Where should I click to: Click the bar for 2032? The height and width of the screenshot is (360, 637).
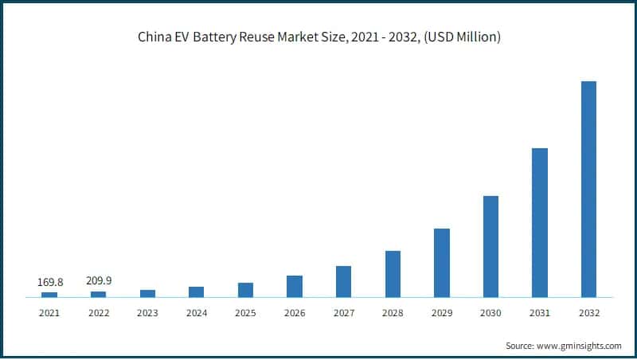click(x=588, y=190)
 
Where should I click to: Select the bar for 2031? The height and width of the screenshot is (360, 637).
click(x=539, y=223)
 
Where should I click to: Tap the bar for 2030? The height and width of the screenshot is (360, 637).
click(x=490, y=247)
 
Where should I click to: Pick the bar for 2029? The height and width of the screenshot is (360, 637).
click(x=441, y=263)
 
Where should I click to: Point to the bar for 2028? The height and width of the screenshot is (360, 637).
click(x=393, y=274)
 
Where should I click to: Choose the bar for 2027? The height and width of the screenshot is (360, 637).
click(x=343, y=282)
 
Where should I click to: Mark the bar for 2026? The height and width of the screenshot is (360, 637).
click(x=295, y=287)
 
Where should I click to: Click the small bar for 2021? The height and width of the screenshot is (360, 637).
click(x=49, y=295)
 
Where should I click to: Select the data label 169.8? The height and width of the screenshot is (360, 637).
click(x=49, y=282)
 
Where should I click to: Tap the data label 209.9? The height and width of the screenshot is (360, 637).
click(x=99, y=280)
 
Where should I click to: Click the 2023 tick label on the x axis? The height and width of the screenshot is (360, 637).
click(x=147, y=313)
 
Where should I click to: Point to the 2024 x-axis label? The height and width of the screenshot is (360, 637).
click(x=197, y=313)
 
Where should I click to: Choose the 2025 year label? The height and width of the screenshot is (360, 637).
click(x=245, y=313)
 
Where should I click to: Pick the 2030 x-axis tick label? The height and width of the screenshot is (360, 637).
click(x=490, y=313)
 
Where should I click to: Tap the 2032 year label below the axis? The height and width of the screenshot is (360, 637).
click(x=588, y=313)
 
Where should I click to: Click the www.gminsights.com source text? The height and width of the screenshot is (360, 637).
click(x=580, y=346)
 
